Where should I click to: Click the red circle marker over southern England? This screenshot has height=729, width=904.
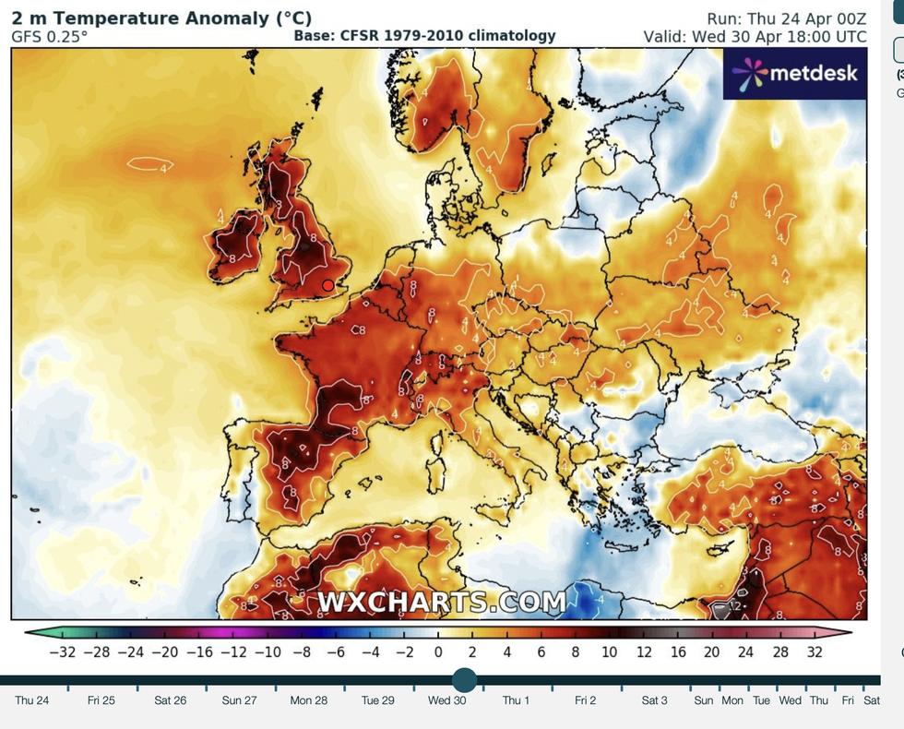tap(327, 286)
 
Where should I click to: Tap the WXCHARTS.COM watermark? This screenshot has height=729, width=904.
tap(442, 603)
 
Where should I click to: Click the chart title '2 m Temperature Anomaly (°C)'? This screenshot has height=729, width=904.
tap(161, 18)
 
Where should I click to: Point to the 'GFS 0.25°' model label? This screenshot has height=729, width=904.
tap(50, 36)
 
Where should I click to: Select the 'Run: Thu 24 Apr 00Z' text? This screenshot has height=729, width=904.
tap(787, 18)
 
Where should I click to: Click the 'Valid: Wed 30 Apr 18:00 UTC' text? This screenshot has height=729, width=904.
tap(755, 36)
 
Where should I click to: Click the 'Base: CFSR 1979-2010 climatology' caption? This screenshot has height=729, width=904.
tap(424, 36)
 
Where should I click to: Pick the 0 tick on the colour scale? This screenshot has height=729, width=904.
tap(437, 652)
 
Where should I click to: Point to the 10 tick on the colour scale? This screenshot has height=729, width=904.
tap(609, 652)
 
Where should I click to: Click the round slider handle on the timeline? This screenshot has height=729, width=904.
tap(464, 681)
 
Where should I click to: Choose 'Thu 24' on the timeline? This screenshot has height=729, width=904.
tap(31, 700)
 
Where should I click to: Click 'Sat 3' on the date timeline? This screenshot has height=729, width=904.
tap(654, 700)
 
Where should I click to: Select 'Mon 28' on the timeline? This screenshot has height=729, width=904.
tap(308, 700)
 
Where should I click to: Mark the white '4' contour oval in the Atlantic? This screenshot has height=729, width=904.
tap(150, 165)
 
